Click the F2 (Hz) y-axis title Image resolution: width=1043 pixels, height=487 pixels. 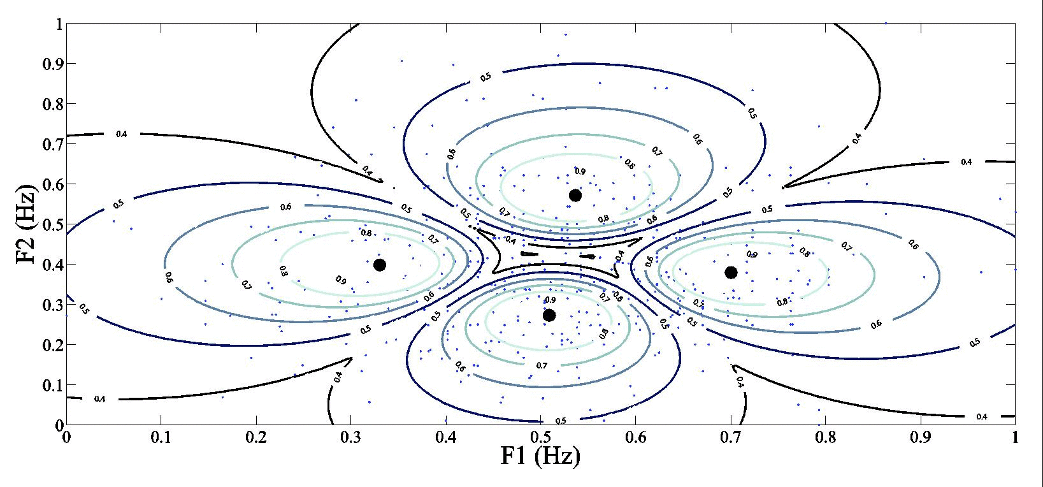pyautogui.click(x=30, y=224)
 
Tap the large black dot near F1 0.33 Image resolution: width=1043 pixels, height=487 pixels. pyautogui.click(x=380, y=265)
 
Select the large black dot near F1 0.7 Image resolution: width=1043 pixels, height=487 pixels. pyautogui.click(x=731, y=272)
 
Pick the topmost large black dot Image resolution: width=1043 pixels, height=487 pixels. pyautogui.click(x=575, y=195)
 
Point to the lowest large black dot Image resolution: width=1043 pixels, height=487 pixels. pyautogui.click(x=549, y=315)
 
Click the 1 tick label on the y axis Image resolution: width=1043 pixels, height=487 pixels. pyautogui.click(x=59, y=24)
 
